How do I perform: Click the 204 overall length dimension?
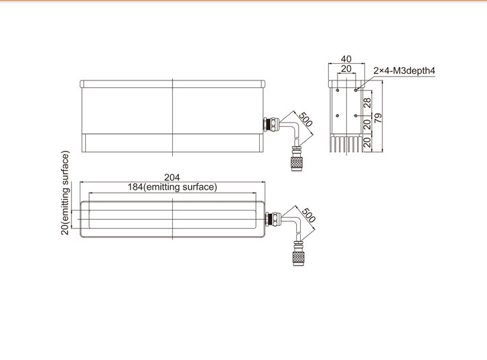(171, 177)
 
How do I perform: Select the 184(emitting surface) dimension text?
(172, 187)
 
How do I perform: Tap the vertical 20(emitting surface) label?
(65, 193)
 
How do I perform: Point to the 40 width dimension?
(346, 59)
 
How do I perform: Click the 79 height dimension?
(378, 118)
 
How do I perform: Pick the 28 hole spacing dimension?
(367, 103)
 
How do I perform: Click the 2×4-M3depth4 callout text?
(404, 71)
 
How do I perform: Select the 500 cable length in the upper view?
(305, 120)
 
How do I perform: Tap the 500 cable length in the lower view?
(308, 215)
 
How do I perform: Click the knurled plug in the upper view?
(296, 164)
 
